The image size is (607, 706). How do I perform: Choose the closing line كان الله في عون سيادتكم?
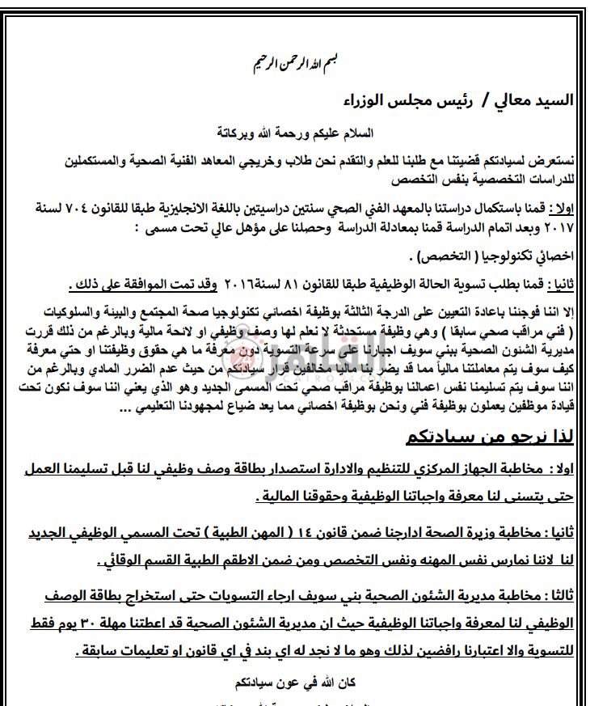click(x=303, y=677)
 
